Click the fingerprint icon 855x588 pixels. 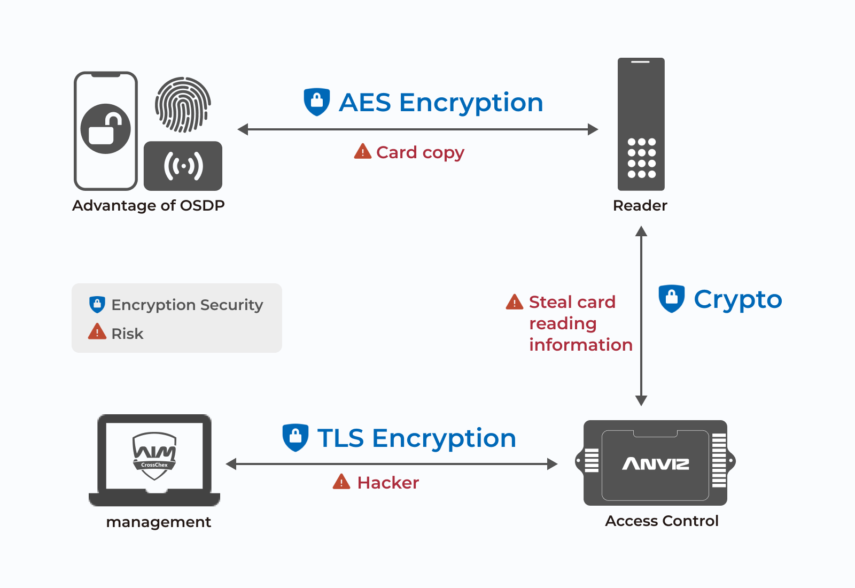(183, 105)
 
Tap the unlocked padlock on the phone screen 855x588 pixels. (105, 129)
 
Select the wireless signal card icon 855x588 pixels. (183, 166)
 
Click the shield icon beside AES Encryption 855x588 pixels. (317, 102)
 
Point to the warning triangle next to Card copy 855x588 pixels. (362, 152)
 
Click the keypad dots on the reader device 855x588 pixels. (641, 158)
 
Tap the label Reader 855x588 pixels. (640, 206)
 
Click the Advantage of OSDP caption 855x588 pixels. (149, 206)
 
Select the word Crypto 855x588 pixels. (737, 299)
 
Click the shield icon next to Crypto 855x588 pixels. (671, 298)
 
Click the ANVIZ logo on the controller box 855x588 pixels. (656, 463)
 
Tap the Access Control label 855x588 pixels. (662, 521)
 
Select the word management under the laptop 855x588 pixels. (159, 522)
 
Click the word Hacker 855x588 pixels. (388, 483)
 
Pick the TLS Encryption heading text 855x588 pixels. (416, 438)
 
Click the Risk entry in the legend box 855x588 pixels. (127, 334)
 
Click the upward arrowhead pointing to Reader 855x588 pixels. (641, 231)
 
